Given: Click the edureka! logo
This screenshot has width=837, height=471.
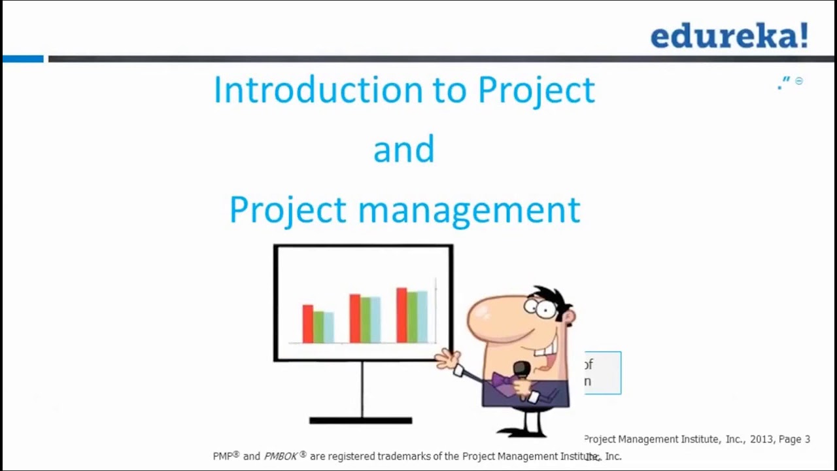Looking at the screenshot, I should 729,36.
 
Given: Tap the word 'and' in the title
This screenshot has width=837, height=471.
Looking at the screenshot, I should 403,149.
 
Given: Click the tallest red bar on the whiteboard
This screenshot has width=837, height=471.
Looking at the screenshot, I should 401,315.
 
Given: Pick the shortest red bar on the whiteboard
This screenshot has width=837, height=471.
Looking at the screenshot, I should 307,323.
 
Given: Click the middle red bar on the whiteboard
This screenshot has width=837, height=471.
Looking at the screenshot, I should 354,318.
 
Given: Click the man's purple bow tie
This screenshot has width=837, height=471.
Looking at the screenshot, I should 504,380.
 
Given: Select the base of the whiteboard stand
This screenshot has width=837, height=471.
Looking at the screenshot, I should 360,421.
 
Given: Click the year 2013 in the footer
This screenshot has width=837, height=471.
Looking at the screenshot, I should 761,440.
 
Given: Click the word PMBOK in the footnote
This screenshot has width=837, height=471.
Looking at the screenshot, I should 281,457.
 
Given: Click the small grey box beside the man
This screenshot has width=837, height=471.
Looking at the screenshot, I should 602,373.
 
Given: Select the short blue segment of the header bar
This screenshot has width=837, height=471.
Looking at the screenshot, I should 23,59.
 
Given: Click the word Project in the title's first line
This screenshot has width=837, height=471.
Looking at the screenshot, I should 536,90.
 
